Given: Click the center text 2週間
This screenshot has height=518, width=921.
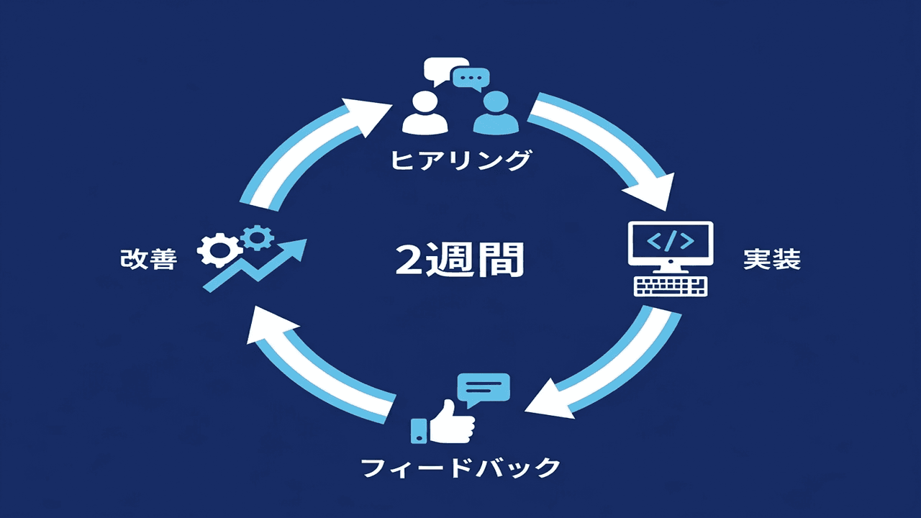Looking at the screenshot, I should coord(460,260).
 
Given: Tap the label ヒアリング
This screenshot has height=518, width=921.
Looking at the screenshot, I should coord(460,160).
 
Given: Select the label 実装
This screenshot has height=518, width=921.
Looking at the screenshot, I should coord(771,260).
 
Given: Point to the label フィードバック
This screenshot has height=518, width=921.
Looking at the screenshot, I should coord(460,468).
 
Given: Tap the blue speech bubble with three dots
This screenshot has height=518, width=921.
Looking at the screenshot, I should coord(471,78).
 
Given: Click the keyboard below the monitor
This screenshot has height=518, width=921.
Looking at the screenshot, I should coord(671,285).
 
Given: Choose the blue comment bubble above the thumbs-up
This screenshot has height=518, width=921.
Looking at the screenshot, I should coord(487,388).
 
